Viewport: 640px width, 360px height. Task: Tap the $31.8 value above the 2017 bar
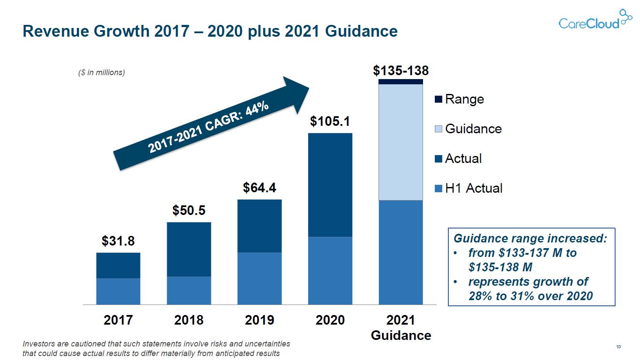pyautogui.click(x=118, y=241)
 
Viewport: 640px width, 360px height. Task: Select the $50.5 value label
pyautogui.click(x=189, y=210)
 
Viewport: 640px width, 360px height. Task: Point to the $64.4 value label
pyautogui.click(x=259, y=187)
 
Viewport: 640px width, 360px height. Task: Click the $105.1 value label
pyautogui.click(x=330, y=121)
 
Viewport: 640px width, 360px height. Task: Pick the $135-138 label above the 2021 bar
pyautogui.click(x=401, y=70)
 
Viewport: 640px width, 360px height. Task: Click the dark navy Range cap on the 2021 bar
pyautogui.click(x=401, y=82)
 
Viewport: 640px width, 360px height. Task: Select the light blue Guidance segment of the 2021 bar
pyautogui.click(x=401, y=142)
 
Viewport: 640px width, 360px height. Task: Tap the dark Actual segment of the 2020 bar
pyautogui.click(x=330, y=185)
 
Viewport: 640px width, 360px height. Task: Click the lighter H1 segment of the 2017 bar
pyautogui.click(x=118, y=291)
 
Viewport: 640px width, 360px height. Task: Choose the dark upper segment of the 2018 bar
pyautogui.click(x=189, y=249)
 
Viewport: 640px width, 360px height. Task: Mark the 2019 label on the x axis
pyautogui.click(x=259, y=320)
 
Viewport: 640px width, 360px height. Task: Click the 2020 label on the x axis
pyautogui.click(x=330, y=320)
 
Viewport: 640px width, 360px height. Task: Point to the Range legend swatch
pyautogui.click(x=438, y=99)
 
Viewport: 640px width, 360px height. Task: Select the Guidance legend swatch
pyautogui.click(x=438, y=129)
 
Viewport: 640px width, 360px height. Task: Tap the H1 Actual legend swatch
pyautogui.click(x=438, y=188)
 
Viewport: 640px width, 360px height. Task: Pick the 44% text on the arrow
pyautogui.click(x=257, y=108)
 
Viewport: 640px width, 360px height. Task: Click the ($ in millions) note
pyautogui.click(x=101, y=73)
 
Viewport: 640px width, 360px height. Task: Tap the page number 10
pyautogui.click(x=618, y=347)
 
